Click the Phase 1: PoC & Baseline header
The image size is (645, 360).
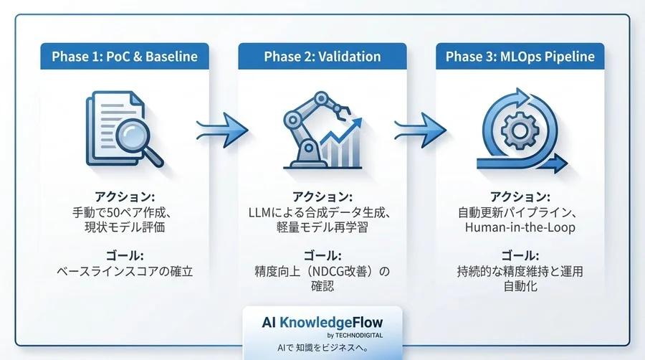click(125, 57)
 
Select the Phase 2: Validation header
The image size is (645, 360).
click(322, 57)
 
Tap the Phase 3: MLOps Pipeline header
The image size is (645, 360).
click(520, 57)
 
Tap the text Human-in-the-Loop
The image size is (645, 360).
click(520, 228)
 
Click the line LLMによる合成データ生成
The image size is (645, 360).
click(322, 212)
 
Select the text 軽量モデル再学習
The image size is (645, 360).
click(322, 228)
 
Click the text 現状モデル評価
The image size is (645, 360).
click(125, 228)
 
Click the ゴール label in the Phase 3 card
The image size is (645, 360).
click(520, 255)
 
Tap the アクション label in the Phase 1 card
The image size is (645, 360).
click(125, 196)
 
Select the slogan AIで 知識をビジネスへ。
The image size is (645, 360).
click(322, 347)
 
